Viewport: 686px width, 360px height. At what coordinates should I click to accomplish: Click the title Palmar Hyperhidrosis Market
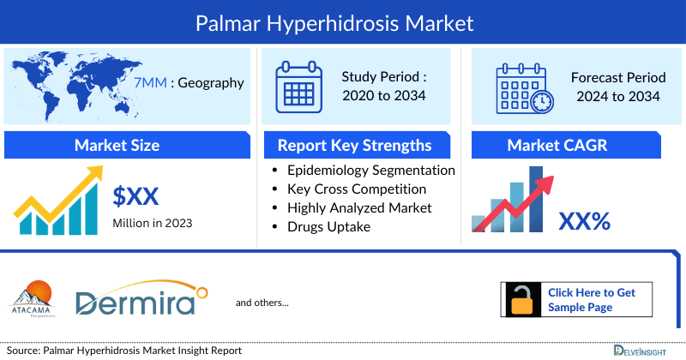pyautogui.click(x=343, y=21)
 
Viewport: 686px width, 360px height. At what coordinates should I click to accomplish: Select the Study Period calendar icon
pyautogui.click(x=298, y=85)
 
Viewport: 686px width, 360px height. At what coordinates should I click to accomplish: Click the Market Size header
pyautogui.click(x=117, y=145)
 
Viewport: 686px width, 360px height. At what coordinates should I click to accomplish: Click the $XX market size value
pyautogui.click(x=135, y=197)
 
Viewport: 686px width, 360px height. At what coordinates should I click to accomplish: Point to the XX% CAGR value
pyautogui.click(x=585, y=222)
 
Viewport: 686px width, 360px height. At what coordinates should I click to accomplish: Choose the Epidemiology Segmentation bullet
pyautogui.click(x=370, y=170)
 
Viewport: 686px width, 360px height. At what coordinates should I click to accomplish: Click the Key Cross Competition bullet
pyautogui.click(x=357, y=189)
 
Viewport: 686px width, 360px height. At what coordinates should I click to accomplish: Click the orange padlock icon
pyautogui.click(x=521, y=299)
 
